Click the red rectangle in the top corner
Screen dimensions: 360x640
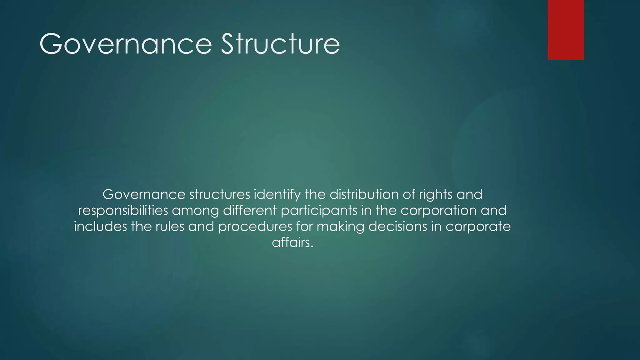pos(566,30)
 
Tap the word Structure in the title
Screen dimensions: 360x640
pos(280,44)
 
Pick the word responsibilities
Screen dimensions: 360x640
pos(123,211)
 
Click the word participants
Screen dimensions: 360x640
pos(319,211)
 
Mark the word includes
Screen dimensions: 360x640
pos(100,226)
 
